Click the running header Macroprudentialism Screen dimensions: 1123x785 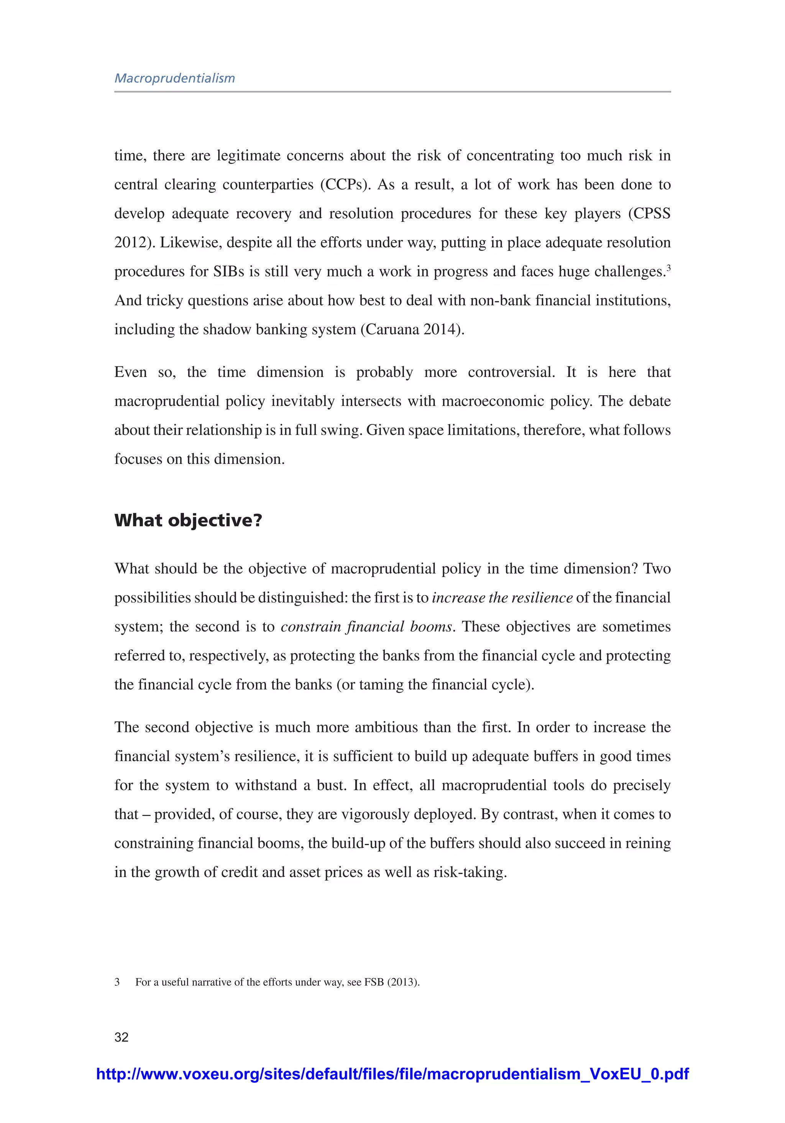point(175,78)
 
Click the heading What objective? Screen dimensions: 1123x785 point(188,520)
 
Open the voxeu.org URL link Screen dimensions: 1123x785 point(392,1074)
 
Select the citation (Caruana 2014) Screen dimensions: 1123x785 point(412,330)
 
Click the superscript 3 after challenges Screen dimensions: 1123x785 point(668,267)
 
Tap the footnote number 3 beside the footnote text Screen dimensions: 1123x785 point(117,982)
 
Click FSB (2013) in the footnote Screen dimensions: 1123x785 point(391,982)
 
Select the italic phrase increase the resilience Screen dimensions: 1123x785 point(502,598)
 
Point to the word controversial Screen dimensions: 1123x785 point(511,372)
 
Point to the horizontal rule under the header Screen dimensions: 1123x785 point(392,92)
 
